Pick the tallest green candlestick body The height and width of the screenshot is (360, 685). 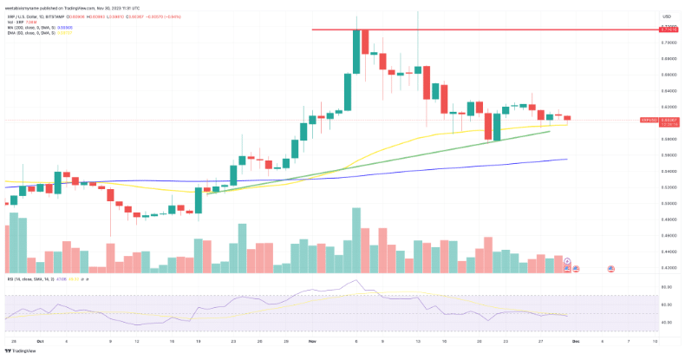point(356,51)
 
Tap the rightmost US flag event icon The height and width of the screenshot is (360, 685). point(610,270)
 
